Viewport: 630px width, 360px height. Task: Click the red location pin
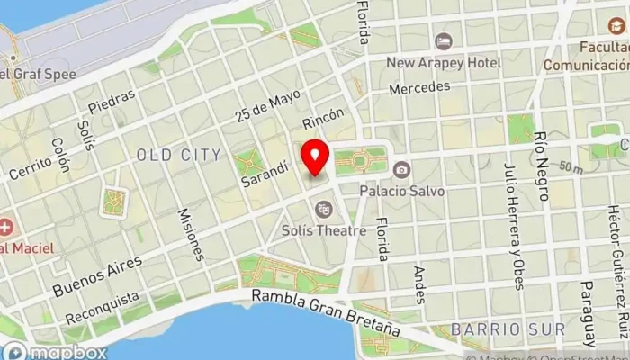coord(315,158)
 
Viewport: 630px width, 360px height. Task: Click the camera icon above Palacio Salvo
coord(401,168)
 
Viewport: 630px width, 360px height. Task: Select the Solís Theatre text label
coord(328,230)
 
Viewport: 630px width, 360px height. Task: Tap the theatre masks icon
coord(323,210)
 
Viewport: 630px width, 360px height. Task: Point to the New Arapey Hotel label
coord(443,63)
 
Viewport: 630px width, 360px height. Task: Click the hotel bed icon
coord(443,41)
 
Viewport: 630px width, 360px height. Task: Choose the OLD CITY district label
coord(178,155)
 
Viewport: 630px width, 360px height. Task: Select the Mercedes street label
coord(418,89)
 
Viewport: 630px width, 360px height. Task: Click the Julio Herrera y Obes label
coord(512,226)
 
